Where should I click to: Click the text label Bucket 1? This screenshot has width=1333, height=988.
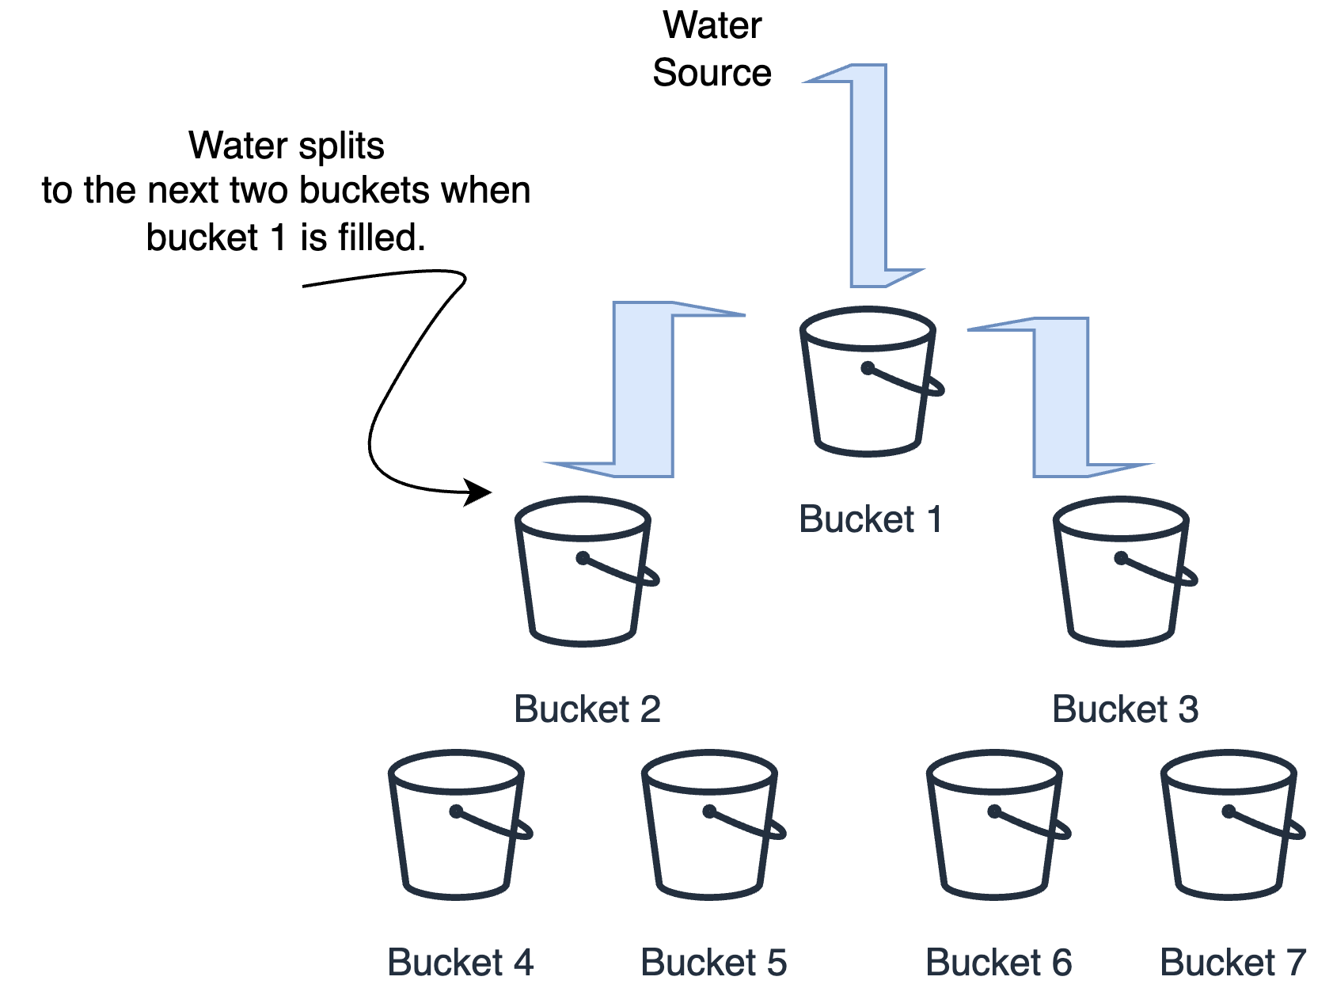870,519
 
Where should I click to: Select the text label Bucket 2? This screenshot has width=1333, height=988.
587,709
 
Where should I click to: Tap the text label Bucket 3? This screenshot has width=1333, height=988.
1125,709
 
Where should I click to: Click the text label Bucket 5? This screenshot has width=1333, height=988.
713,962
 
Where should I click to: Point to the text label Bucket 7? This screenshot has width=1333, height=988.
1232,962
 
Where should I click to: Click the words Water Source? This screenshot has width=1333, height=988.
712,49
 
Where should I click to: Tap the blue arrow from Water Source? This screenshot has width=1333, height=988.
868,174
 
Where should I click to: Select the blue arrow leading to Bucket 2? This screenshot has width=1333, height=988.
643,388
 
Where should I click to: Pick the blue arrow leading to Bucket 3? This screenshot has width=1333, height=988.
1061,396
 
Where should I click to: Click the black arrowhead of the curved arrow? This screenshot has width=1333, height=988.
478,492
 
